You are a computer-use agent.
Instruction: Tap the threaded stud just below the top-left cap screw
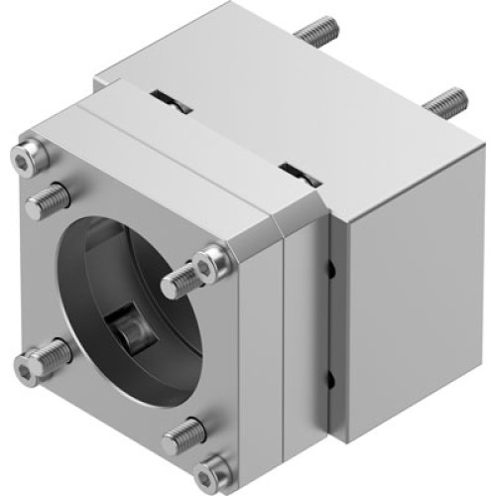point(46,204)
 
